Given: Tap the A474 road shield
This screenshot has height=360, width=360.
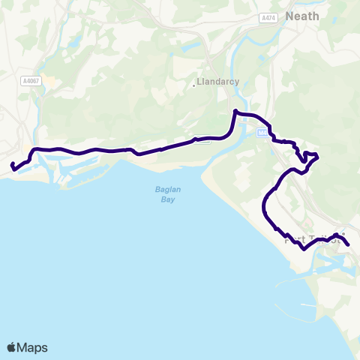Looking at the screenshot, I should [268, 17].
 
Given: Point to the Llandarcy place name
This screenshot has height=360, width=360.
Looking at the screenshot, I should [217, 82].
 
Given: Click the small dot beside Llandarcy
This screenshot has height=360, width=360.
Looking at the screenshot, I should [194, 84].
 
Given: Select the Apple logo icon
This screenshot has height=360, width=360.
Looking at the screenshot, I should [11, 347].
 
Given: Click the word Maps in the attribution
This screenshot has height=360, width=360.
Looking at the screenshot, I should [32, 347].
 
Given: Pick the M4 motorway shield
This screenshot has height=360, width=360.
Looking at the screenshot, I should [261, 133].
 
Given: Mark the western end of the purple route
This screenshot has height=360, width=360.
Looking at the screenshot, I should [13, 166].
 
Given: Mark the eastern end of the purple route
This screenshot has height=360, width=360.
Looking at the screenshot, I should [349, 244].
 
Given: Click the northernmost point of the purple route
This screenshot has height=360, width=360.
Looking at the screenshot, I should [235, 112].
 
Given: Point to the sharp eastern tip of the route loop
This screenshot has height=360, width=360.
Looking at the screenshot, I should [318, 156].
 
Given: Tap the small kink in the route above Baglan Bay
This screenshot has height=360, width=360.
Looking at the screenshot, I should [196, 139].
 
